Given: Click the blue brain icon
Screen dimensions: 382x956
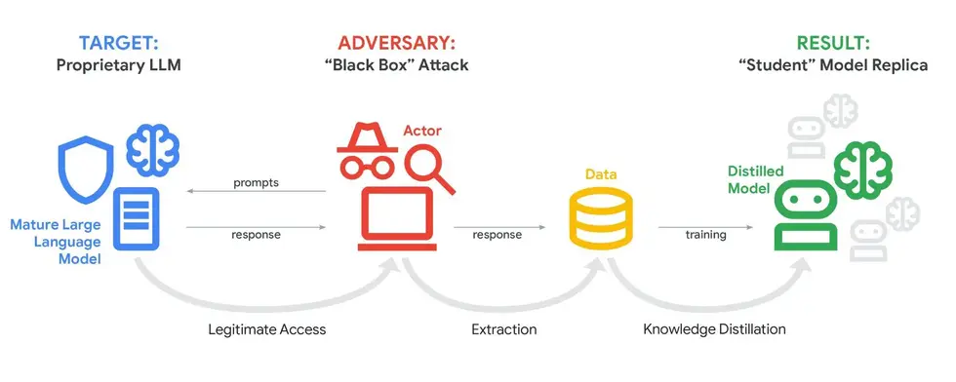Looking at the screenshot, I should (151, 146).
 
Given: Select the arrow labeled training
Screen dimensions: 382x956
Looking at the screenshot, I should (704, 227).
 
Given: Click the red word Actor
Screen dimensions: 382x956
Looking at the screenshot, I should (422, 130).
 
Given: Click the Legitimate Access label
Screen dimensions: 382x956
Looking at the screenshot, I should (267, 329).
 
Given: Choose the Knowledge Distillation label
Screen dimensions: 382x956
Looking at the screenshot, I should (714, 329).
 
